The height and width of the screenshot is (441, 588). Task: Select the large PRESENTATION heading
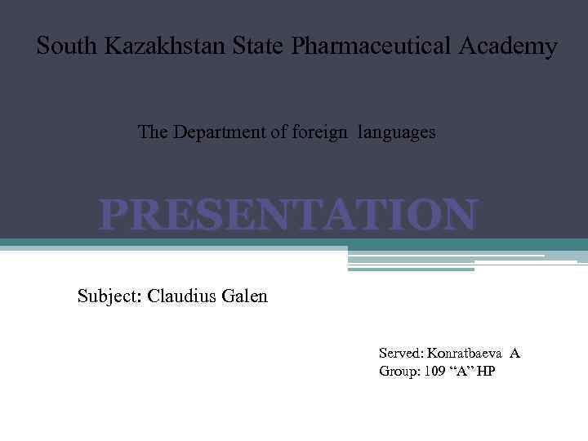pyautogui.click(x=287, y=216)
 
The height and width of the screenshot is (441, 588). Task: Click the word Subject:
pyautogui.click(x=110, y=296)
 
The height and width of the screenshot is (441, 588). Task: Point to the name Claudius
pyautogui.click(x=183, y=296)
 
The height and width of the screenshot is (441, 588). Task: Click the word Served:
pyautogui.click(x=401, y=354)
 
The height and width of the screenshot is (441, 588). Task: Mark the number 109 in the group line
pyautogui.click(x=435, y=372)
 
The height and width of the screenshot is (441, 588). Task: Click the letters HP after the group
pyautogui.click(x=486, y=372)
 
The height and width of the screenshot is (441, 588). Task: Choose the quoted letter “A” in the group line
pyautogui.click(x=463, y=372)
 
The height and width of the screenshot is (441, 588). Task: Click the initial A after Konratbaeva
pyautogui.click(x=514, y=354)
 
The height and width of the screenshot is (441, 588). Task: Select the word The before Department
pyautogui.click(x=152, y=131)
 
